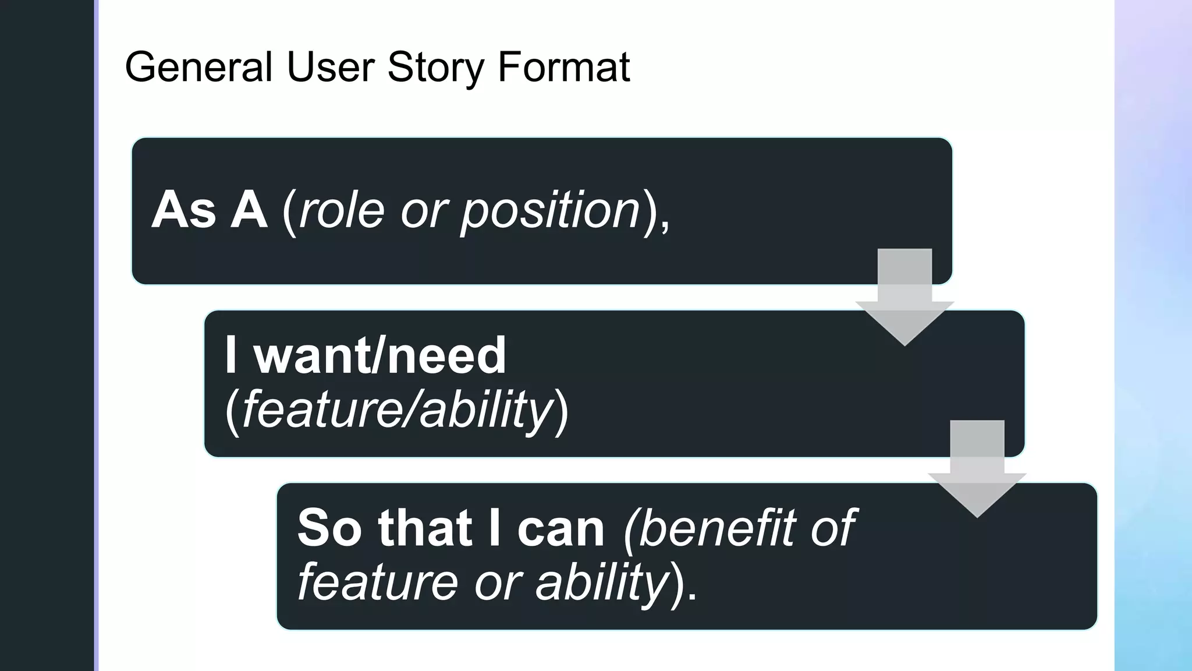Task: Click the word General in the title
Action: tap(198, 67)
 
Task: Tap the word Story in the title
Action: tap(435, 67)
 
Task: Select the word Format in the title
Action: tap(563, 67)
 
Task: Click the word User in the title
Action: tap(331, 67)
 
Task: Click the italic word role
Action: tap(342, 210)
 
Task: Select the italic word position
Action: tap(551, 211)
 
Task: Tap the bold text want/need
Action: tap(379, 355)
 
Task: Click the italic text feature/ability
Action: tap(397, 410)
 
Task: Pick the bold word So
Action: tap(329, 528)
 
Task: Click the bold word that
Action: tap(425, 528)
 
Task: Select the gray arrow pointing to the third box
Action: tap(977, 469)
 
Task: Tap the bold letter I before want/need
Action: tap(231, 355)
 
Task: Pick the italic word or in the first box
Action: tap(424, 211)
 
